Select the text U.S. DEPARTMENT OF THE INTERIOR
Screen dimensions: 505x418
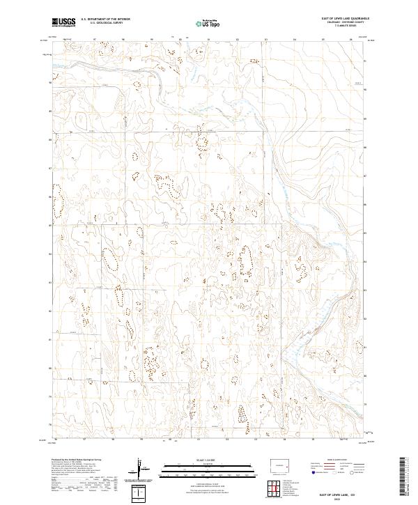click(104, 20)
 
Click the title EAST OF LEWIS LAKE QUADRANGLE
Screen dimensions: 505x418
click(341, 19)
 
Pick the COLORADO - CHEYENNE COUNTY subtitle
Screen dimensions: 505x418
click(341, 22)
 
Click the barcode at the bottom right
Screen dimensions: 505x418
click(403, 477)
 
